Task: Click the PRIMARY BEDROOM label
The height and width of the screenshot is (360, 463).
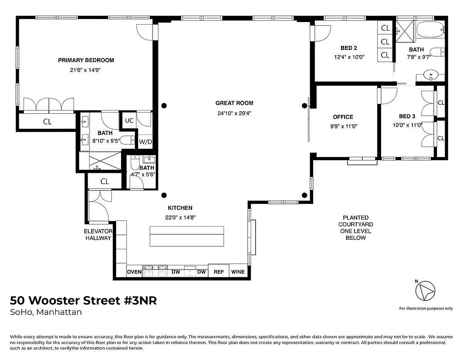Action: pyautogui.click(x=85, y=60)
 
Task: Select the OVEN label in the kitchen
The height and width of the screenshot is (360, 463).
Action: pyautogui.click(x=135, y=272)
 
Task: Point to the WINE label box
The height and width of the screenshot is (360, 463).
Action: pyautogui.click(x=238, y=272)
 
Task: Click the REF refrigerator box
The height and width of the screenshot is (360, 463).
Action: pyautogui.click(x=219, y=272)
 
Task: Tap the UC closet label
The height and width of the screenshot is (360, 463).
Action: pyautogui.click(x=129, y=121)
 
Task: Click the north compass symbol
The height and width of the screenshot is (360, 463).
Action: pyautogui.click(x=425, y=290)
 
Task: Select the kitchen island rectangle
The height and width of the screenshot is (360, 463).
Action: pyautogui.click(x=187, y=236)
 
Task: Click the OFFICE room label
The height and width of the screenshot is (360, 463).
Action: pyautogui.click(x=343, y=117)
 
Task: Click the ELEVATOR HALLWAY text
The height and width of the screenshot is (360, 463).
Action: pyautogui.click(x=98, y=234)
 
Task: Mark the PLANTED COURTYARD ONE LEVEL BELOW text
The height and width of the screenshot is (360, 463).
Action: pyautogui.click(x=355, y=227)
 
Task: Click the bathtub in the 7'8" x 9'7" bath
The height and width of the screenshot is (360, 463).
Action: pyautogui.click(x=431, y=31)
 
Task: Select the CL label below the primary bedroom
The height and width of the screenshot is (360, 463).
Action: pyautogui.click(x=47, y=121)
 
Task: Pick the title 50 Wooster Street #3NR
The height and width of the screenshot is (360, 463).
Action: pyautogui.click(x=83, y=300)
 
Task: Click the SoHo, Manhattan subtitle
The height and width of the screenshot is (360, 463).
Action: pyautogui.click(x=45, y=312)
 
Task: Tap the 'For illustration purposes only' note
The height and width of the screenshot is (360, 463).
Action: pyautogui.click(x=426, y=308)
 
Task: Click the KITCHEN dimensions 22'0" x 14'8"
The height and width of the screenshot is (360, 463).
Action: pyautogui.click(x=180, y=217)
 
